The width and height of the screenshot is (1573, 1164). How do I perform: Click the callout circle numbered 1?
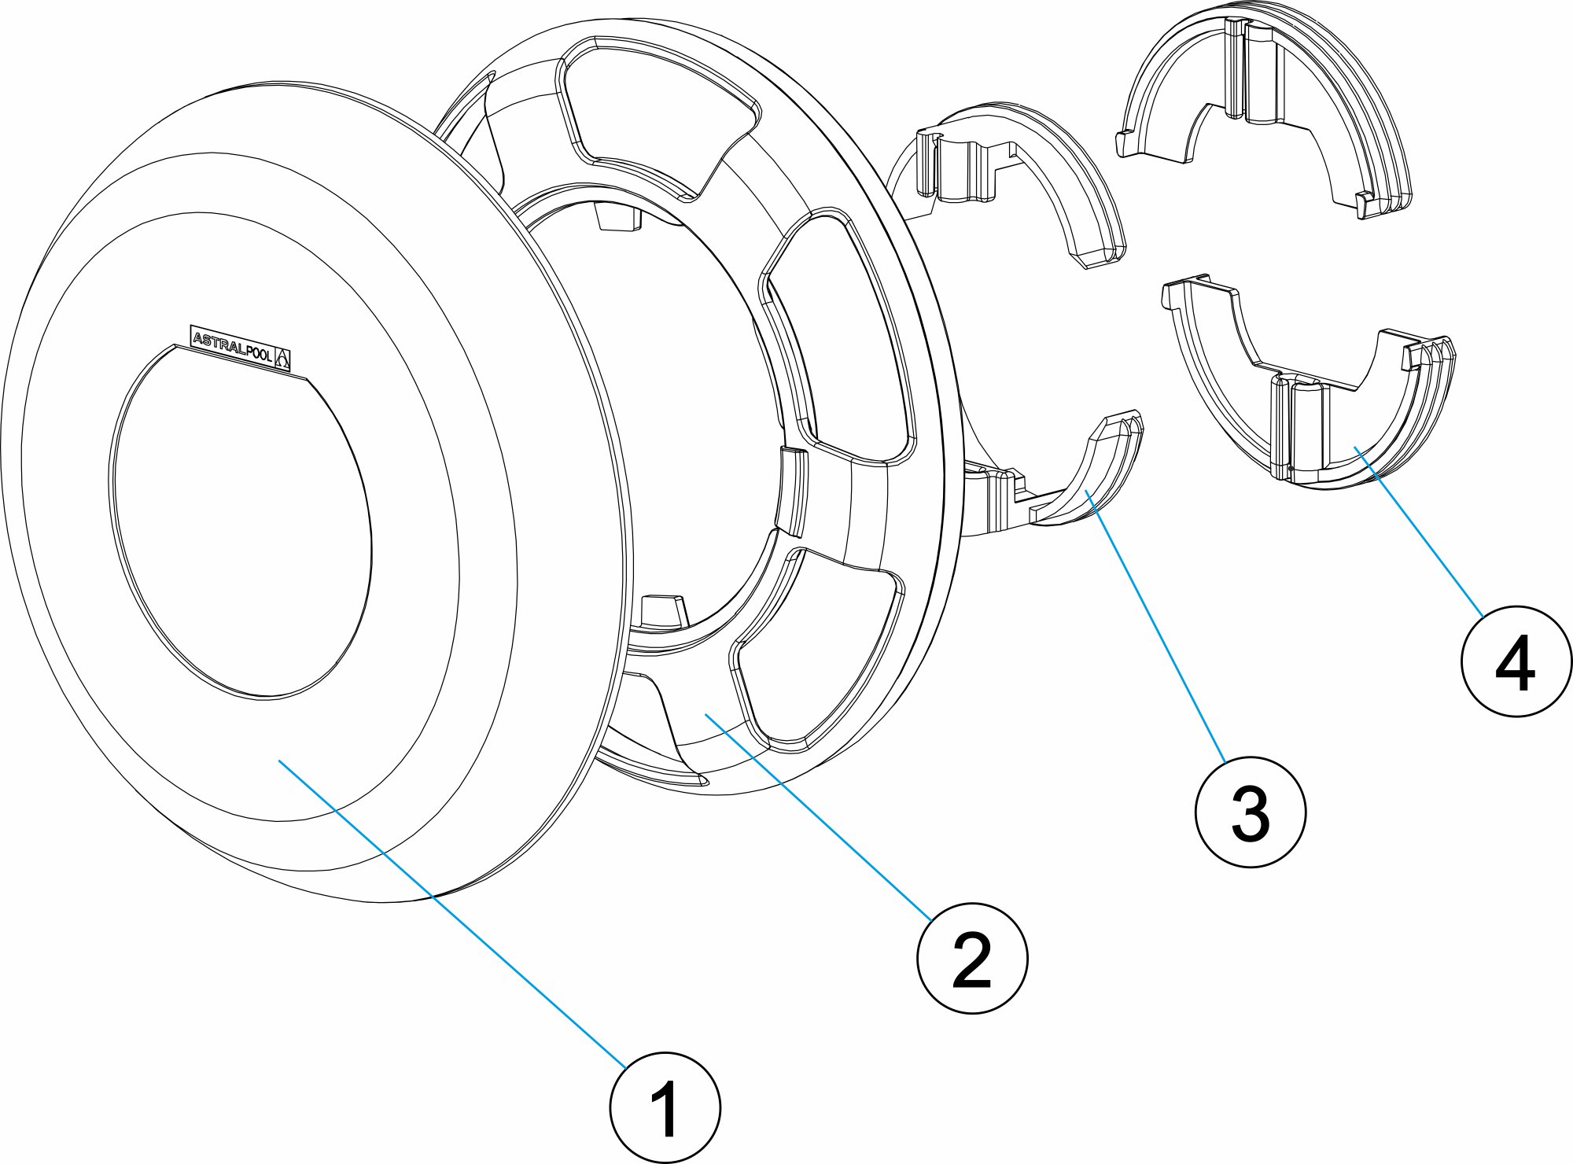[x=665, y=1110]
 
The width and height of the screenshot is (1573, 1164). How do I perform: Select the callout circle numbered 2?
[x=972, y=958]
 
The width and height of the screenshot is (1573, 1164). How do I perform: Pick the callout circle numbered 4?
[x=1516, y=661]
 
